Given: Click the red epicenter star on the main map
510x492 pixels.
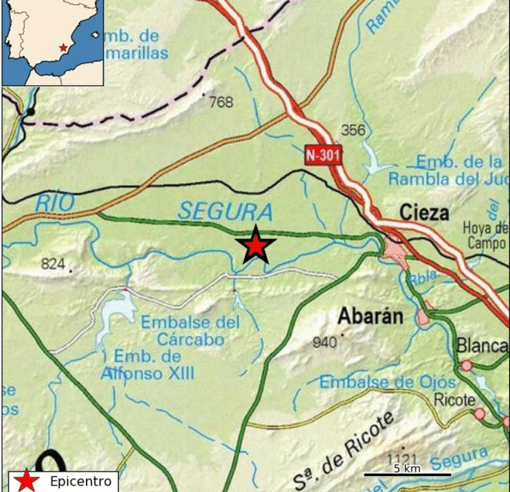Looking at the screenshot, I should (256, 246).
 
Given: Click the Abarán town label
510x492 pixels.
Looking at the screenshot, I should (370, 316).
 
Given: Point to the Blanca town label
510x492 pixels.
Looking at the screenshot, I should (482, 345).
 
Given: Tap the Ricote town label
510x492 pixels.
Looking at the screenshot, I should (454, 399).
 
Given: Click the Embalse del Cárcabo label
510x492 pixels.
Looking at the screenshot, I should (191, 329).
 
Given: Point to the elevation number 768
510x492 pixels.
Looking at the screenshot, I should (221, 103).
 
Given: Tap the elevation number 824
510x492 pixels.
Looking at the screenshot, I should (53, 264).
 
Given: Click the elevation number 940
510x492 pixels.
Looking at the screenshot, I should (325, 342).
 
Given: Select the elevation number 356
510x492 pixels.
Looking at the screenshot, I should (353, 130).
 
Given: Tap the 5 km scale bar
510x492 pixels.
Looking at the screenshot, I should (407, 475).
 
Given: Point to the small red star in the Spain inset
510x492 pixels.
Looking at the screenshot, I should (63, 48).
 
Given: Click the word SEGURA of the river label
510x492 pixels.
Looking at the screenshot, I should (225, 211).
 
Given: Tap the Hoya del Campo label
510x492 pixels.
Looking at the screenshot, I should (487, 235).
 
